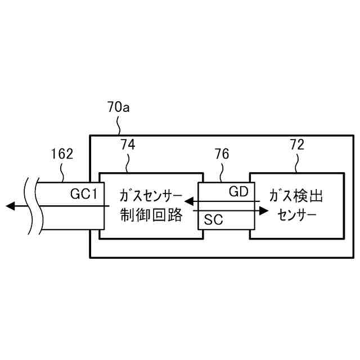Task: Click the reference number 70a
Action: [x=118, y=107]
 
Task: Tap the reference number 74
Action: [x=128, y=145]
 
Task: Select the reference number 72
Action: [x=296, y=145]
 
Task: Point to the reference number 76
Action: [x=222, y=154]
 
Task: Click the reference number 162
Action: [x=62, y=154]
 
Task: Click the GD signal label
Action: [x=238, y=191]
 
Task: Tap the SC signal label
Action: [x=214, y=220]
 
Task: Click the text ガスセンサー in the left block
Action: [x=151, y=196]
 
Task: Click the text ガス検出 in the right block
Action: [x=296, y=196]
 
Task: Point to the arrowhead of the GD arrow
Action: [x=190, y=200]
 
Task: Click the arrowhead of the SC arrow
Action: [x=264, y=211]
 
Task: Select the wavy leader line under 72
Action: [x=297, y=163]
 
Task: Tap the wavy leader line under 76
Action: [x=223, y=171]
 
